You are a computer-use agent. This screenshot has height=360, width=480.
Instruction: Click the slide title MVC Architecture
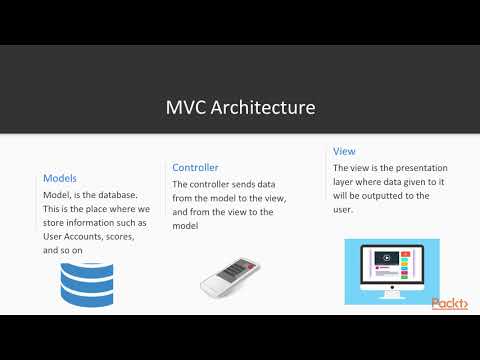240,107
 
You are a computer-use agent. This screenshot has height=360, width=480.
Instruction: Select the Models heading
60,178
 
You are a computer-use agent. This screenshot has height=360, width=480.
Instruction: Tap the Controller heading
195,168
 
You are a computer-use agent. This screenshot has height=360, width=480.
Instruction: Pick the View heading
343,151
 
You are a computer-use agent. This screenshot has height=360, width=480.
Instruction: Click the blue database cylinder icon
87,284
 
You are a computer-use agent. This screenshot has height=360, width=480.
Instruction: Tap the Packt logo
450,304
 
